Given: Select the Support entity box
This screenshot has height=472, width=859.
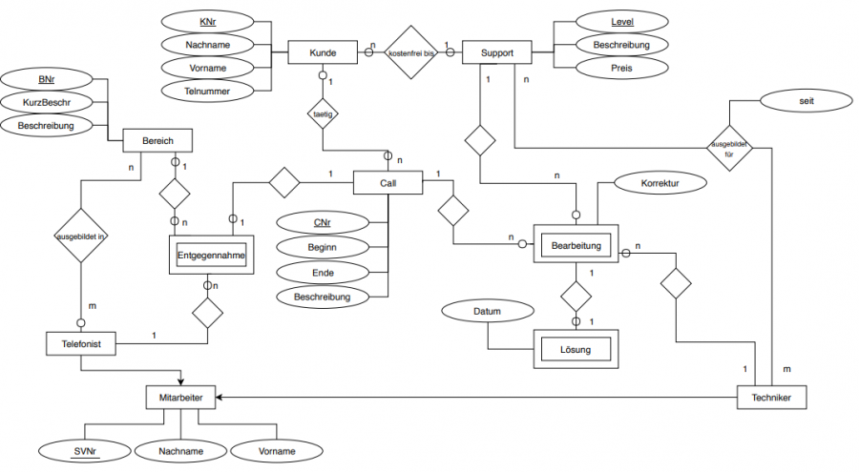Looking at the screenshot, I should point(494,52).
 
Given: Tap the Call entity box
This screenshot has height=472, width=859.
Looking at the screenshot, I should point(388,181).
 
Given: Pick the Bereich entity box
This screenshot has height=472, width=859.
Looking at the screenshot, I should point(157,141).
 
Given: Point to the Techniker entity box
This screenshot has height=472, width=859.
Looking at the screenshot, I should point(771,395).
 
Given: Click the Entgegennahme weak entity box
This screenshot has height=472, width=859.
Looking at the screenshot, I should point(211,255).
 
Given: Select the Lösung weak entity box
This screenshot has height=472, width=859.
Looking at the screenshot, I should point(576,350).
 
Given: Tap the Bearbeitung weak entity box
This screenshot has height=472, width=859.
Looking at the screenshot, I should point(576,246).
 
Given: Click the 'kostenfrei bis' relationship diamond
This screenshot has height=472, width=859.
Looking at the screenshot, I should point(410,53).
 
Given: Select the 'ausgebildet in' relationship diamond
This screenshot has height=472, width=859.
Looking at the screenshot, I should point(80,234).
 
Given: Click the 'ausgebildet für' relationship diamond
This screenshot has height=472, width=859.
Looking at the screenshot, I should point(729,147).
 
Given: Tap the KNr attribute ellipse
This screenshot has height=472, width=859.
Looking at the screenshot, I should point(208,22).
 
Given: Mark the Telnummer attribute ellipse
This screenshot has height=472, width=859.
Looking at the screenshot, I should point(208,90).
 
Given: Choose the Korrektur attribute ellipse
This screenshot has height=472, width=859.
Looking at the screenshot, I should point(659,180).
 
